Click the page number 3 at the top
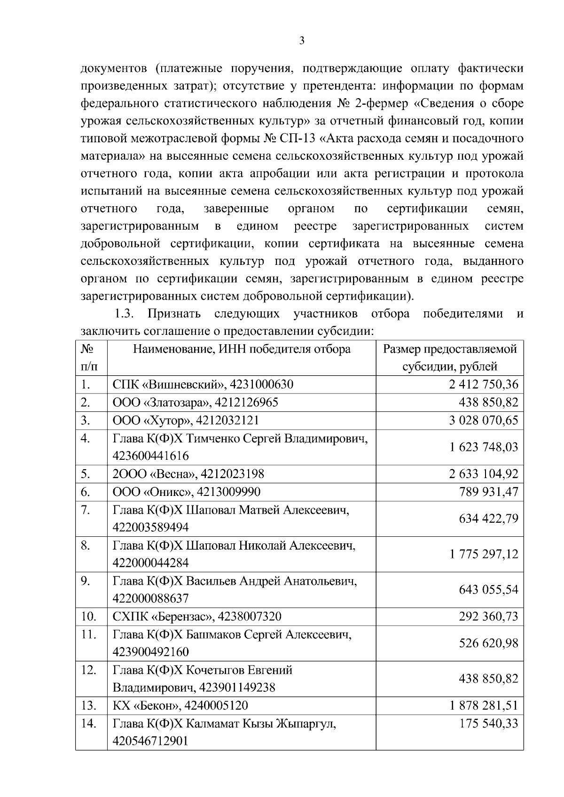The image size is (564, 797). click(x=302, y=41)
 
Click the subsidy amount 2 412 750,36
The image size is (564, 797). click(x=483, y=385)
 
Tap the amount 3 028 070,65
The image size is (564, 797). click(x=483, y=420)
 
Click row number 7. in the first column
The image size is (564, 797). click(x=85, y=510)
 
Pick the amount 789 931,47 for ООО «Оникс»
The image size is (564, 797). click(x=488, y=492)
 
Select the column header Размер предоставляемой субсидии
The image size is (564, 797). click(x=450, y=358)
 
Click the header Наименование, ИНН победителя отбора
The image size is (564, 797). click(x=242, y=349)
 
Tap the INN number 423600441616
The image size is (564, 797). click(x=150, y=456)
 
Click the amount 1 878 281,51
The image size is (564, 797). click(x=483, y=705)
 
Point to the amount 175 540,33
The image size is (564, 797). click(x=488, y=723)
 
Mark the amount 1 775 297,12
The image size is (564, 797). click(x=483, y=554)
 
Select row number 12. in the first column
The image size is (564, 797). click(x=88, y=670)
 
